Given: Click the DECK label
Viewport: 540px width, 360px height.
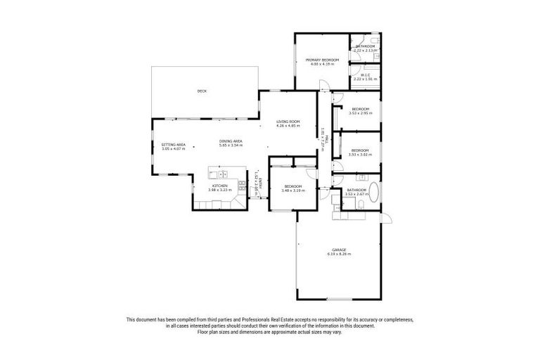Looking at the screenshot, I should pyautogui.click(x=202, y=91).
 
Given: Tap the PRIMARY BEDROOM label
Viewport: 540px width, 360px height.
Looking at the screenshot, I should pyautogui.click(x=322, y=60).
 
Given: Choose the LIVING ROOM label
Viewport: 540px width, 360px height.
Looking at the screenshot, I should pyautogui.click(x=288, y=122).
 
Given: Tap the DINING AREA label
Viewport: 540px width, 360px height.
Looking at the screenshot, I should pyautogui.click(x=231, y=141).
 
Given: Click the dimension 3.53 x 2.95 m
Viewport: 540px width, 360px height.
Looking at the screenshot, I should pyautogui.click(x=359, y=113).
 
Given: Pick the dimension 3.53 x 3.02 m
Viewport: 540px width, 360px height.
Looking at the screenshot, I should pyautogui.click(x=359, y=154).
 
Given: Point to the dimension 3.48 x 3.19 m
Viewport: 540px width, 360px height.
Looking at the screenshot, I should pyautogui.click(x=293, y=191).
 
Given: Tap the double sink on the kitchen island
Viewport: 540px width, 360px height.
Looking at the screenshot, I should pyautogui.click(x=221, y=174).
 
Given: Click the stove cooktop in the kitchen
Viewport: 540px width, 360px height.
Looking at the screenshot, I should pyautogui.click(x=241, y=185).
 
